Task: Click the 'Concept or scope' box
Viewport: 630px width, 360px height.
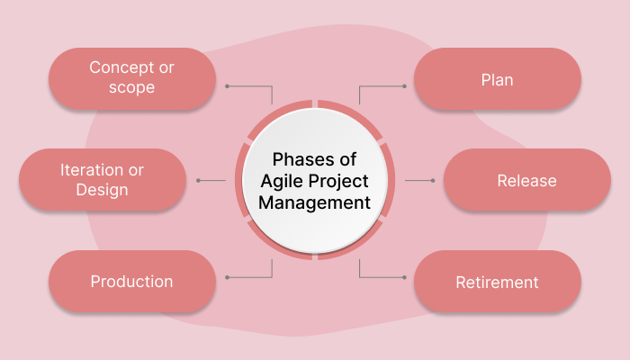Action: click(131, 78)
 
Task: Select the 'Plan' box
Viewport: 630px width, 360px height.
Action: click(497, 79)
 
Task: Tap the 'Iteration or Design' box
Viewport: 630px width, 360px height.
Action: click(102, 180)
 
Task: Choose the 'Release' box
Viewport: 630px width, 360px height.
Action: click(526, 181)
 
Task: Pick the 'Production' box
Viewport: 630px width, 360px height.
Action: click(131, 282)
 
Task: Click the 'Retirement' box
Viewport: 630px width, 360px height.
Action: click(497, 283)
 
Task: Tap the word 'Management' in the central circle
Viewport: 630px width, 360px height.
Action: click(314, 202)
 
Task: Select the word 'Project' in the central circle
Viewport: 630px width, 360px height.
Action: click(340, 181)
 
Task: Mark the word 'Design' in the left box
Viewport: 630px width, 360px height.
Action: click(102, 190)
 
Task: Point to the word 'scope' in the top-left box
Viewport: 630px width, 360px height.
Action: click(131, 88)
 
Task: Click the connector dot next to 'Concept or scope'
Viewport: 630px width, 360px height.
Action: click(228, 86)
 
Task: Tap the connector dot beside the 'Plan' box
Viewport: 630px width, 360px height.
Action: click(404, 86)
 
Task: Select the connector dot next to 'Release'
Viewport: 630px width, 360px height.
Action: click(433, 181)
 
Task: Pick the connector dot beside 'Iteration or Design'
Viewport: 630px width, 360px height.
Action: click(198, 181)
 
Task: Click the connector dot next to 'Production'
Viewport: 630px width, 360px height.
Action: click(228, 276)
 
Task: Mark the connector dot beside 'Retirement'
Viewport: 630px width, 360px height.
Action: click(404, 276)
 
